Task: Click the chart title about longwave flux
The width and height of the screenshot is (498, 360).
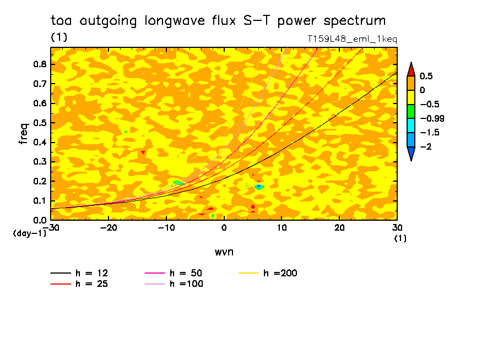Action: point(218,21)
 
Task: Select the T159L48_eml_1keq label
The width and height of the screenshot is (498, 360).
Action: point(352,39)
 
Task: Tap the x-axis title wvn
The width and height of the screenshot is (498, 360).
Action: point(223,251)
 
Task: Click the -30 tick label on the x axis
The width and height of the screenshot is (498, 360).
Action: point(51,227)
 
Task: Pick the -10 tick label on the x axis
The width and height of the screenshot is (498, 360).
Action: point(166,227)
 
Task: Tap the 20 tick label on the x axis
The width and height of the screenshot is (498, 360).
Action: point(339,227)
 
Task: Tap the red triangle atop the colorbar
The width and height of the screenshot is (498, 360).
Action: point(411,69)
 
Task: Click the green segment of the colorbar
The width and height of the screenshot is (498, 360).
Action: point(411,111)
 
